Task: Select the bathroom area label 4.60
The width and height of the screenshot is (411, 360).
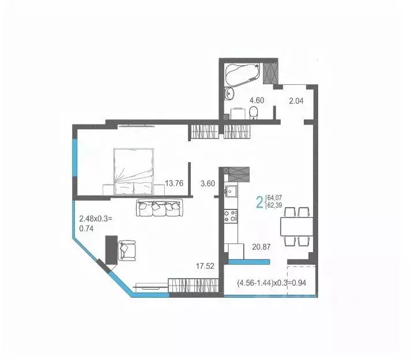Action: [257, 100]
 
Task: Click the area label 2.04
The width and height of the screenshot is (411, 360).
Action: [296, 100]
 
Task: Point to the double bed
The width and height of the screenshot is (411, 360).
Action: [134, 171]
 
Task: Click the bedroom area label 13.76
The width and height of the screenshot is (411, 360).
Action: [174, 184]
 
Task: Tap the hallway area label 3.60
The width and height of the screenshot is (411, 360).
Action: [207, 184]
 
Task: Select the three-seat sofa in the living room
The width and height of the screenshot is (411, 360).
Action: [159, 207]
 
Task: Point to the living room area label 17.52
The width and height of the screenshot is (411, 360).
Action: [205, 267]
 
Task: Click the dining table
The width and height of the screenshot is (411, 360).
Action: [296, 226]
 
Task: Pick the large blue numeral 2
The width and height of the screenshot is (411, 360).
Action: [259, 202]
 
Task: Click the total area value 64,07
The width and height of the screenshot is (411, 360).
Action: [275, 198]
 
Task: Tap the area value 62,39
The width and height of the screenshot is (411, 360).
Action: [275, 206]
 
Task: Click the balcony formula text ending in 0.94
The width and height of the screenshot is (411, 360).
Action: [270, 283]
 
